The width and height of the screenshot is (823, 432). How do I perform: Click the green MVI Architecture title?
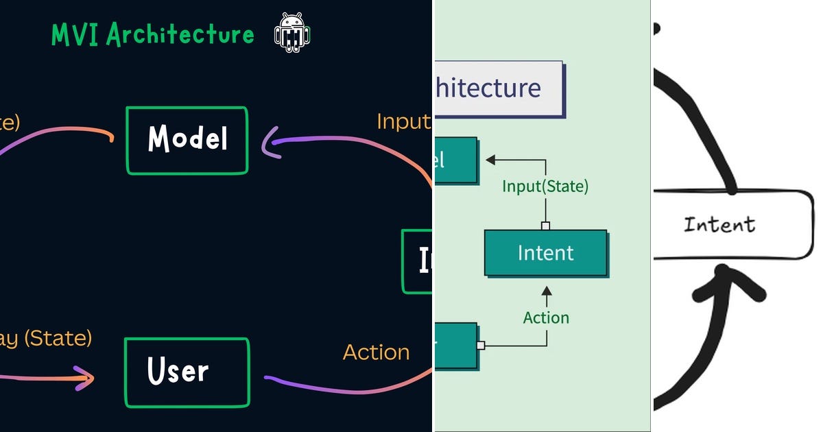[153, 34]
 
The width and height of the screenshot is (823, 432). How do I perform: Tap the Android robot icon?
[292, 33]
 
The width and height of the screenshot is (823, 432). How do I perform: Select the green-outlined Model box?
[187, 140]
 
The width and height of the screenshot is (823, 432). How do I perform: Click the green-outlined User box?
[187, 372]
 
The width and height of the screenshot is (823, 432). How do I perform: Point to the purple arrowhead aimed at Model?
[270, 145]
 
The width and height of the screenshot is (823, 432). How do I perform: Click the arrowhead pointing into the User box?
[86, 377]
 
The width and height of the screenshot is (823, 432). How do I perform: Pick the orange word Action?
[376, 352]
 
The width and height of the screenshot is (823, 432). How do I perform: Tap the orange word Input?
[403, 121]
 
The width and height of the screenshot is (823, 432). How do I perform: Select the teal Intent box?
[545, 253]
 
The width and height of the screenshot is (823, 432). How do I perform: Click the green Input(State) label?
[545, 186]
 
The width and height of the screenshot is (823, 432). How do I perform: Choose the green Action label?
[546, 317]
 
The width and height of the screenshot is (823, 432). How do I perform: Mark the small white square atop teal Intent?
[545, 226]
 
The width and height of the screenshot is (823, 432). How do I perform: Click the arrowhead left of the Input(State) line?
[490, 160]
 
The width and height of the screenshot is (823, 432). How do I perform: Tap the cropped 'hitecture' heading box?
[498, 88]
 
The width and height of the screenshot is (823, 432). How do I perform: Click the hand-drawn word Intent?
[719, 224]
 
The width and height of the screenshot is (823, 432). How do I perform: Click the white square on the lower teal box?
[481, 346]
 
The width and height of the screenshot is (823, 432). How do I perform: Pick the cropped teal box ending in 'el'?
[455, 160]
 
